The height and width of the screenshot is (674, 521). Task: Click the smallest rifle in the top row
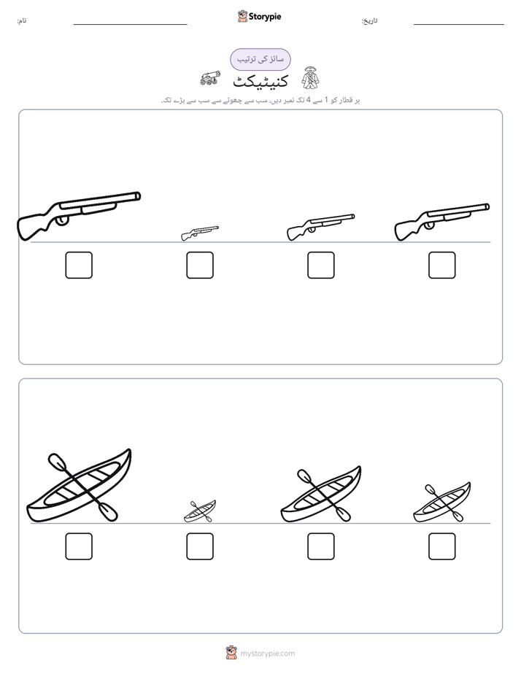pyautogui.click(x=199, y=233)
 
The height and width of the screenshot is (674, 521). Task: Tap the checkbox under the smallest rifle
pyautogui.click(x=200, y=265)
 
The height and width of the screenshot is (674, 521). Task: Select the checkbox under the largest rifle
pyautogui.click(x=79, y=265)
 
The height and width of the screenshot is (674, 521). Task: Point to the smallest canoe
pyautogui.click(x=200, y=511)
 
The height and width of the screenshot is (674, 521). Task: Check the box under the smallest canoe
pyautogui.click(x=200, y=546)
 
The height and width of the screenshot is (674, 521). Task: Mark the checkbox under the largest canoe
pyautogui.click(x=79, y=546)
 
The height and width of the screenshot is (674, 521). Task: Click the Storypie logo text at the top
pyautogui.click(x=265, y=17)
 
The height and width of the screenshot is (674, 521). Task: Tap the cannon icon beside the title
pyautogui.click(x=210, y=78)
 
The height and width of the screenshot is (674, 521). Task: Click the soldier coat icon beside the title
pyautogui.click(x=310, y=78)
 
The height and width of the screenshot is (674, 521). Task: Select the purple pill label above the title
pyautogui.click(x=260, y=59)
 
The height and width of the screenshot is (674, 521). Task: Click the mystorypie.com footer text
pyautogui.click(x=267, y=654)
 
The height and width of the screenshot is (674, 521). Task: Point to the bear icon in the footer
pyautogui.click(x=231, y=652)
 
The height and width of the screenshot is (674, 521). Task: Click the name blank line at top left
pyautogui.click(x=130, y=25)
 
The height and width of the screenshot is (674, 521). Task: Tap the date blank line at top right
pyautogui.click(x=459, y=25)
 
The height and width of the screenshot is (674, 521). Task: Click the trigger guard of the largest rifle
pyautogui.click(x=62, y=220)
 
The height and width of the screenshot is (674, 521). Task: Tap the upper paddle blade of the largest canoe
pyautogui.click(x=57, y=462)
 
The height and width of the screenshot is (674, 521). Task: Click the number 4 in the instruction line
pyautogui.click(x=308, y=100)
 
